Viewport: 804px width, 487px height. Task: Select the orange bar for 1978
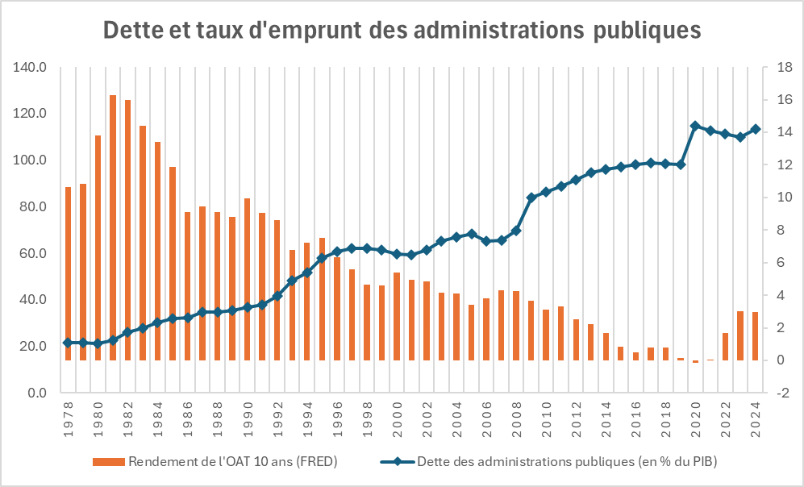click(x=69, y=273)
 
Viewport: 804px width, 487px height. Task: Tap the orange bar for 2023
click(x=740, y=335)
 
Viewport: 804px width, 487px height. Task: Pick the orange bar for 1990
click(x=247, y=279)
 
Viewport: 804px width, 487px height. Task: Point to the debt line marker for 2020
click(x=695, y=126)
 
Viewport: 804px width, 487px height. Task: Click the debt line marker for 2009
click(x=531, y=198)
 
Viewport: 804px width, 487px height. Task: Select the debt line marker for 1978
click(x=69, y=343)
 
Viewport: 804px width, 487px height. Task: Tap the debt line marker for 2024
click(x=756, y=129)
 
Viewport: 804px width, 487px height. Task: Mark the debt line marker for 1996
click(x=337, y=252)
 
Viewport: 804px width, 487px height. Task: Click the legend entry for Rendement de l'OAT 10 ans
click(x=214, y=462)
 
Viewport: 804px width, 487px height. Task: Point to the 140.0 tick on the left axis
click(x=31, y=67)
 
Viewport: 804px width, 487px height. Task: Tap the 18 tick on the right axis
click(x=782, y=67)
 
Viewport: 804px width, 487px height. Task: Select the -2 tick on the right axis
click(x=782, y=393)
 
